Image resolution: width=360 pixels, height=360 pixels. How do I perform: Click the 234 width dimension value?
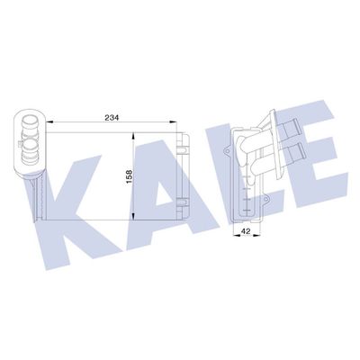(x=112, y=118)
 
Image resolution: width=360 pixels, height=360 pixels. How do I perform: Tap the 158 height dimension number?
(x=130, y=177)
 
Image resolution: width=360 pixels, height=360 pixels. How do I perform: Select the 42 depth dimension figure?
(x=246, y=231)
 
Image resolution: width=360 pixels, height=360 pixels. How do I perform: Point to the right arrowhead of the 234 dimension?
(x=173, y=121)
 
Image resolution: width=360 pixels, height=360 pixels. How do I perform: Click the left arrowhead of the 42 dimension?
(x=237, y=236)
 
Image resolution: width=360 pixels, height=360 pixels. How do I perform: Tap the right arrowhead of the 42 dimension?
(x=256, y=236)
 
